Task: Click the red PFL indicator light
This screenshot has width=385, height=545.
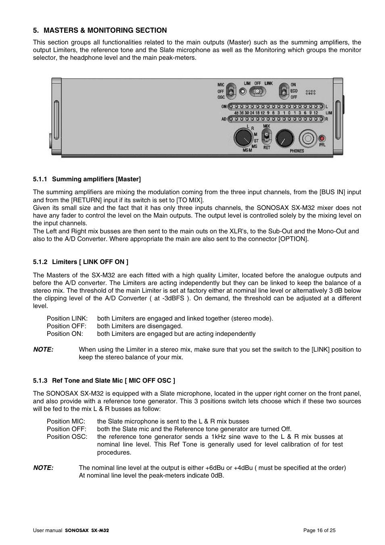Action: (322, 138)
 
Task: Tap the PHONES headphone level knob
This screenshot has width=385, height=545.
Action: (285, 139)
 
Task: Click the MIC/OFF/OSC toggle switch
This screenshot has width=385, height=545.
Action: (230, 91)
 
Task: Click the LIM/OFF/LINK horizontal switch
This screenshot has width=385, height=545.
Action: (257, 92)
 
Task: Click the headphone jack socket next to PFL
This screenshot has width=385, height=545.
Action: (308, 138)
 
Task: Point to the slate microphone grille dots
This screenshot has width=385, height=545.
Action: (310, 92)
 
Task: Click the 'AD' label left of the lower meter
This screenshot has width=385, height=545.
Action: (224, 119)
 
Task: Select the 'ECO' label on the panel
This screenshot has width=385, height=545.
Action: (294, 91)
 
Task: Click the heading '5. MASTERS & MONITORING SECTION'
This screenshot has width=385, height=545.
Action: (100, 30)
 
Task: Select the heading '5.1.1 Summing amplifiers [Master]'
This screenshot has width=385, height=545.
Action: (87, 179)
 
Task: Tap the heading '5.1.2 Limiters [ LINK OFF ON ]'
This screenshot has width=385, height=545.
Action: (81, 262)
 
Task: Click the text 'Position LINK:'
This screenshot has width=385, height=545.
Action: (67, 318)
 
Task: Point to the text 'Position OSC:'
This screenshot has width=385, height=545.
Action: (67, 437)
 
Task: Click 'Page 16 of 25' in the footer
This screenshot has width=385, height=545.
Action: (319, 530)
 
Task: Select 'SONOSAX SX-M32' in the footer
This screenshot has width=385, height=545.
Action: (87, 530)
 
